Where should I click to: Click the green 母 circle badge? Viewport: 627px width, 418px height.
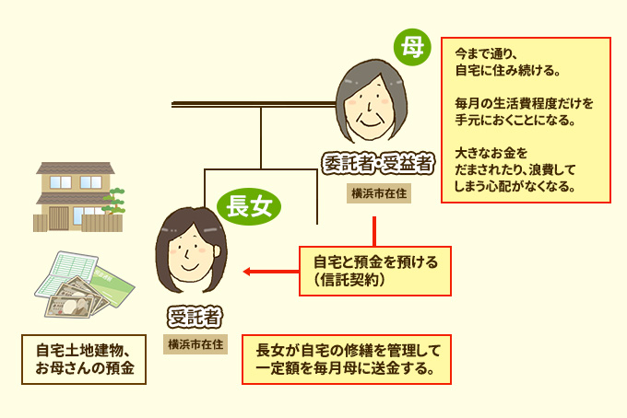click(x=411, y=48)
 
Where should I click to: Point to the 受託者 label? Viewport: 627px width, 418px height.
click(x=195, y=319)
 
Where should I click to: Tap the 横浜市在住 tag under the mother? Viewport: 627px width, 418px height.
click(x=379, y=194)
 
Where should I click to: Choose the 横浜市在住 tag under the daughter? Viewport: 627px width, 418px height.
click(x=195, y=345)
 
